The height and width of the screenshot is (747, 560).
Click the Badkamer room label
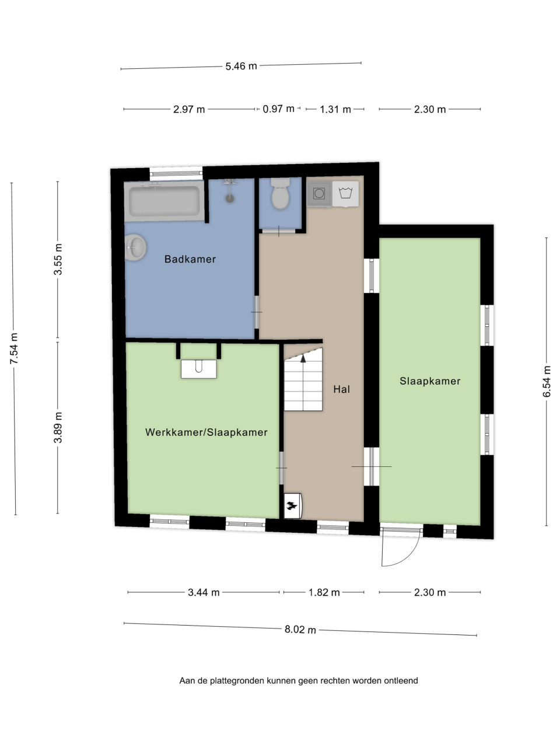tap(190, 259)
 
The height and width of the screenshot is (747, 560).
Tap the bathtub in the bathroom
tap(164, 201)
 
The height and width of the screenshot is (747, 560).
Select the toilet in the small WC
tap(280, 194)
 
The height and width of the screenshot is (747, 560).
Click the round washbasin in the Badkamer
tap(135, 247)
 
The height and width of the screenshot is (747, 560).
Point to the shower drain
tap(230, 198)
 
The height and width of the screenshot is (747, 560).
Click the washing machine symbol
tap(345, 194)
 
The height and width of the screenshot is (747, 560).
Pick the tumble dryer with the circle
tap(319, 194)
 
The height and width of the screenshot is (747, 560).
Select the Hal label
tap(342, 389)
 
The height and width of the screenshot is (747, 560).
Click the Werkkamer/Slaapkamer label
tap(206, 432)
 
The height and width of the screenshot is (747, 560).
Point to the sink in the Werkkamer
tap(198, 369)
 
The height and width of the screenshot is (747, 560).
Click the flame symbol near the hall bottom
tap(292, 506)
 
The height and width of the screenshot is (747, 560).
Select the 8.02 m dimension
tap(300, 629)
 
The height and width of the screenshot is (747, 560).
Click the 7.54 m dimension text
tap(14, 348)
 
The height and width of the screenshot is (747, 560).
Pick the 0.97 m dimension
tap(278, 109)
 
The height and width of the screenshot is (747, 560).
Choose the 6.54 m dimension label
tap(547, 381)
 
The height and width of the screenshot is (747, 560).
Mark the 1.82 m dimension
tap(324, 592)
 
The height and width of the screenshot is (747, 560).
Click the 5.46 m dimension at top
tap(241, 66)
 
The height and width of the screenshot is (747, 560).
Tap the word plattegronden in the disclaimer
tap(237, 680)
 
